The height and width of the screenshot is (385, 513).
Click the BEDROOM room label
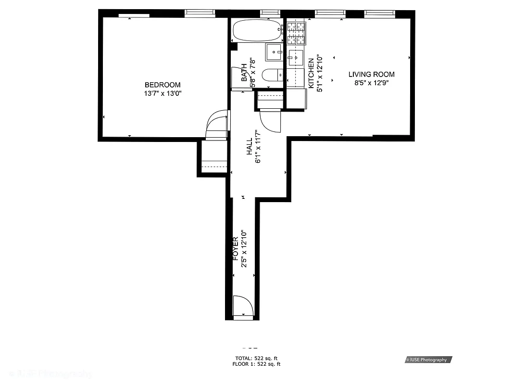pos(163,85)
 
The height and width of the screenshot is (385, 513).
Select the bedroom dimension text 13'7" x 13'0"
pos(163,94)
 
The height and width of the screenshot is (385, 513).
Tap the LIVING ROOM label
pos(371,74)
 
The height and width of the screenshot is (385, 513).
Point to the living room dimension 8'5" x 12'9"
pos(371,83)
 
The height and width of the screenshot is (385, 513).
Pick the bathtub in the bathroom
pos(257,31)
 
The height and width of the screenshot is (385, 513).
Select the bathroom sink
pos(275,51)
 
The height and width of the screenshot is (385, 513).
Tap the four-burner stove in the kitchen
pos(296,33)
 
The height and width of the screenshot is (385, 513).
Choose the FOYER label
pos(236,248)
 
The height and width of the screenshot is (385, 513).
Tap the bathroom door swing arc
pos(269,120)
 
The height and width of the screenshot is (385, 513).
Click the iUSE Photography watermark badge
pos(428,359)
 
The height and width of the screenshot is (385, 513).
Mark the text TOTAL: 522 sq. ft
pos(256,358)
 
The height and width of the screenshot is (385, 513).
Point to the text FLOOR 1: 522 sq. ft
pos(256,364)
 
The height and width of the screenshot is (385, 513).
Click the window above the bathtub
pos(270,13)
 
